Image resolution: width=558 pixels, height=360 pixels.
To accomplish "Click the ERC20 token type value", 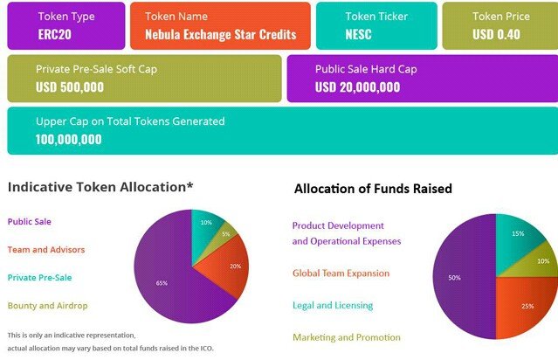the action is tap(54, 35).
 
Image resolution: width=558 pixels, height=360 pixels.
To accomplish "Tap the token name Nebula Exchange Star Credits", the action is tap(221, 35).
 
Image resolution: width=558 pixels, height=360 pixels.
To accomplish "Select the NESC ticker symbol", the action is tap(358, 35).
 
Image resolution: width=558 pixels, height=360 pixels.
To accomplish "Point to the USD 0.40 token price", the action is tap(496, 35).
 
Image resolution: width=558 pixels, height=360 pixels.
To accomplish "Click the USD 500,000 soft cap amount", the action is tap(70, 87).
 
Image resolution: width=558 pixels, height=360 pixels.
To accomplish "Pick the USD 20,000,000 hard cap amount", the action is tap(357, 87).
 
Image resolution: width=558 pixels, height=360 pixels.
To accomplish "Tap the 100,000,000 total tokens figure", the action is tap(69, 139).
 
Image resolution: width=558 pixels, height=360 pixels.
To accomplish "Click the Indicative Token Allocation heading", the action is tap(100, 187).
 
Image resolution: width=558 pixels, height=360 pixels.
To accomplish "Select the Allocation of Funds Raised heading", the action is tap(373, 189).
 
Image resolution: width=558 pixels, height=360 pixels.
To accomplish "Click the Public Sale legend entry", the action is tap(29, 221).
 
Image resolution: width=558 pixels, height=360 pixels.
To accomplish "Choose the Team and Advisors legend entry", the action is tap(46, 250).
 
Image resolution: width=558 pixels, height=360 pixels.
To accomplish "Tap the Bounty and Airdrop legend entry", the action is tap(47, 306).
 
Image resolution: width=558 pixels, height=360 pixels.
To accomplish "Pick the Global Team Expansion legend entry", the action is tap(341, 273).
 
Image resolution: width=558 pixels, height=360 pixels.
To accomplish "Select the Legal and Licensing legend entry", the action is tap(333, 305).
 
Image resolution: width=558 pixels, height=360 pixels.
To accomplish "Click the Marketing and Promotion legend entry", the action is tap(347, 337).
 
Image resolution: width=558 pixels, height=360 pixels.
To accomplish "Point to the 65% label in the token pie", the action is tap(162, 283).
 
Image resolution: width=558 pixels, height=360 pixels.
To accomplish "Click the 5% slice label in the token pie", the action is tap(226, 234).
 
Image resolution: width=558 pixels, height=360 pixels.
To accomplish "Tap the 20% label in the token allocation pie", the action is tap(235, 266).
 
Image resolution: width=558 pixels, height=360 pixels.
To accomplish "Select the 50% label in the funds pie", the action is tap(454, 278).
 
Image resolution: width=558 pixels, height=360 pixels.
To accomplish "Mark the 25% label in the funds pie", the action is tap(527, 306).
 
